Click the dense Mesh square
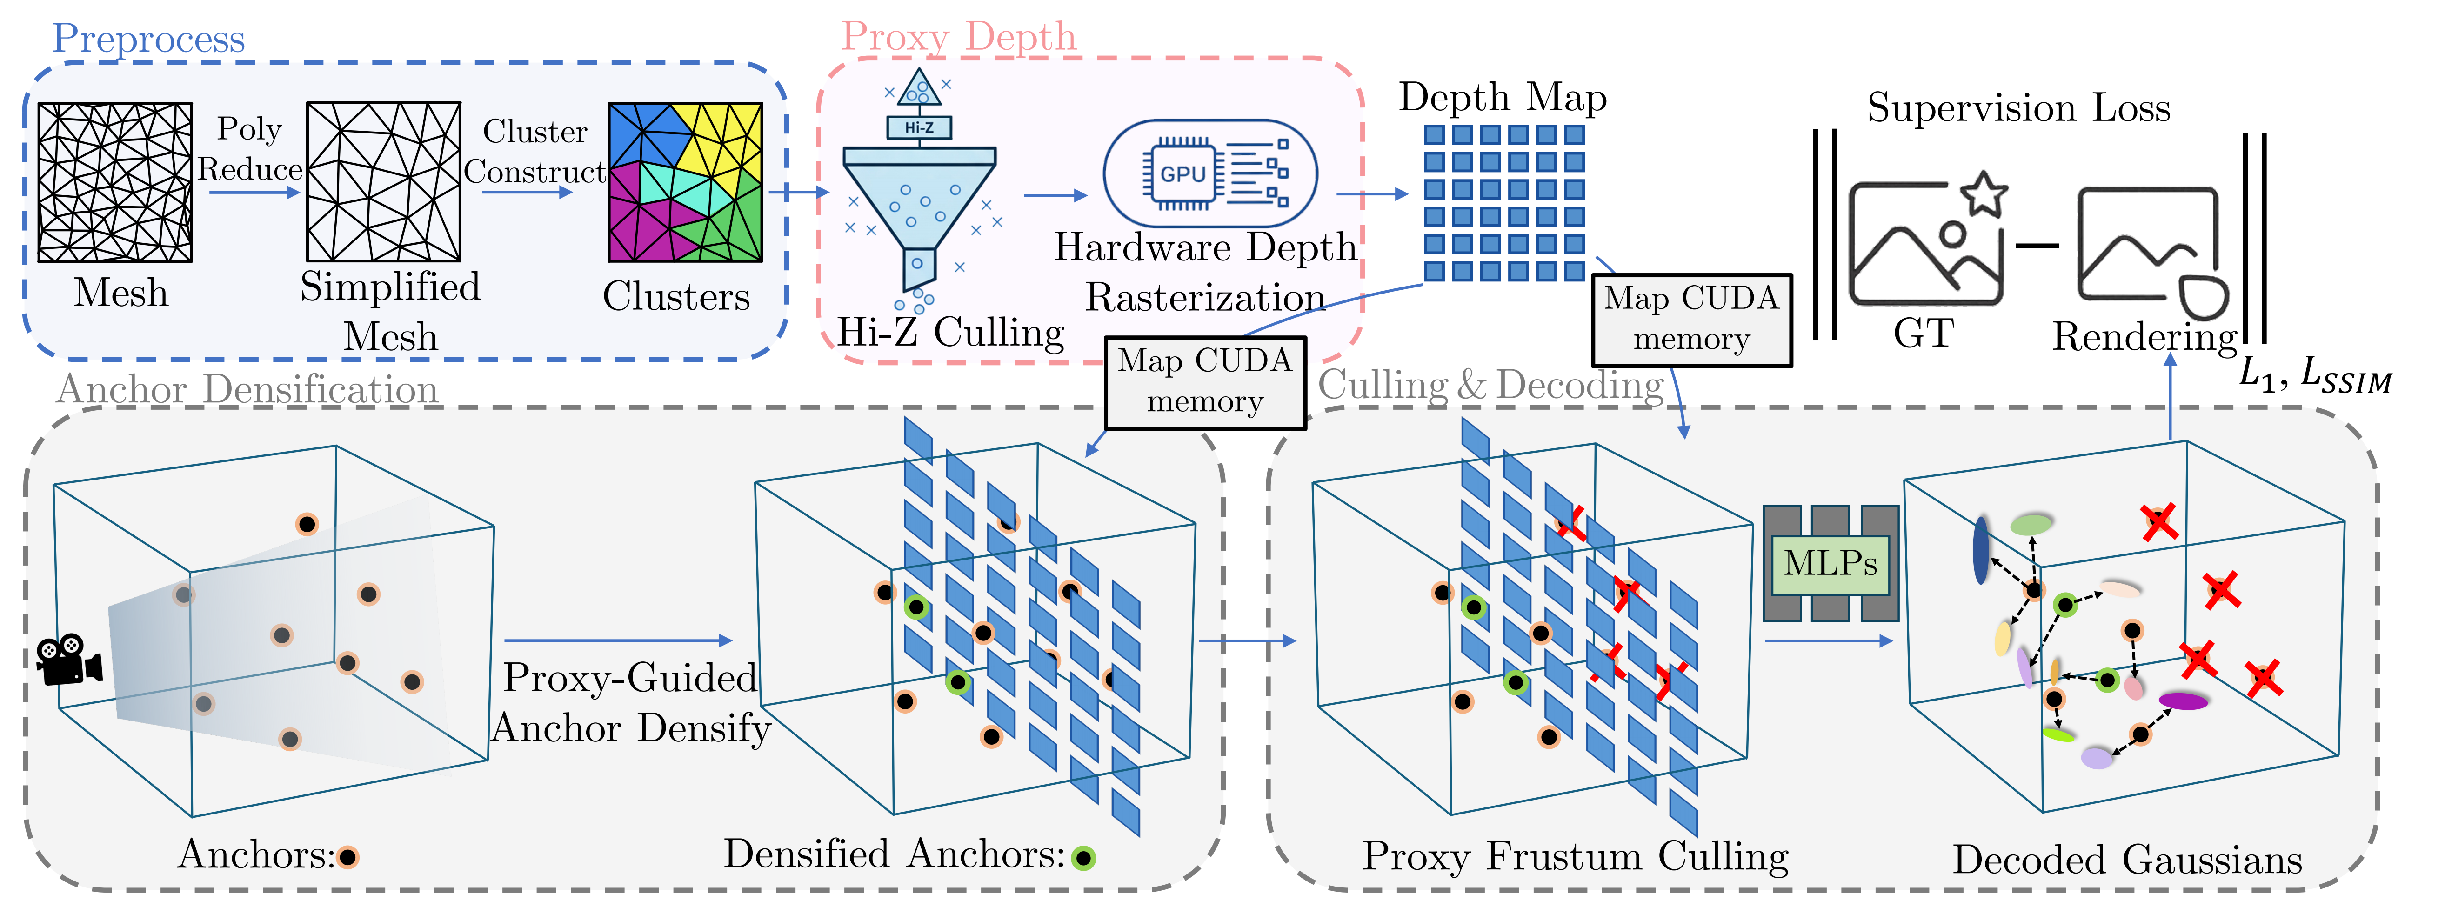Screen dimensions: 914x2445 (115, 182)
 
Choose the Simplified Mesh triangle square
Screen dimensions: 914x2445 (383, 182)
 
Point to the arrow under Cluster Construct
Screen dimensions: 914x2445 (527, 193)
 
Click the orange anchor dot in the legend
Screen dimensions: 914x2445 (348, 857)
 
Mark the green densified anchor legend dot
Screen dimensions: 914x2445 (1083, 858)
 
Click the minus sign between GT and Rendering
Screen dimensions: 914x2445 (2037, 246)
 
